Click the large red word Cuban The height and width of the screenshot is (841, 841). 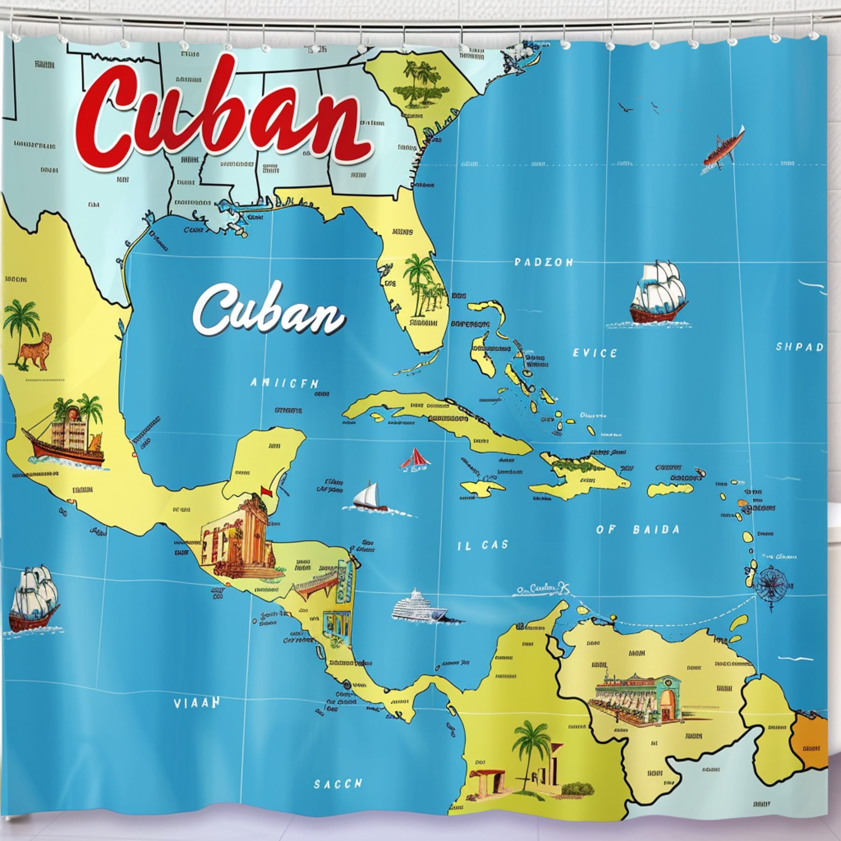[x=224, y=117]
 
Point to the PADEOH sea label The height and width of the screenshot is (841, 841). [x=543, y=263]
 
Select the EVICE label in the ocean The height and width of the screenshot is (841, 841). [x=595, y=353]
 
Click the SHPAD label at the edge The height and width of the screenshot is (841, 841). [x=799, y=347]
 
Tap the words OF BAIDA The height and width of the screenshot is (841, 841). [x=638, y=529]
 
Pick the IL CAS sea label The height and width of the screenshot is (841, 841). [x=482, y=545]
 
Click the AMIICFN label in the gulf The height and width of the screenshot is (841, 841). [x=284, y=384]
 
